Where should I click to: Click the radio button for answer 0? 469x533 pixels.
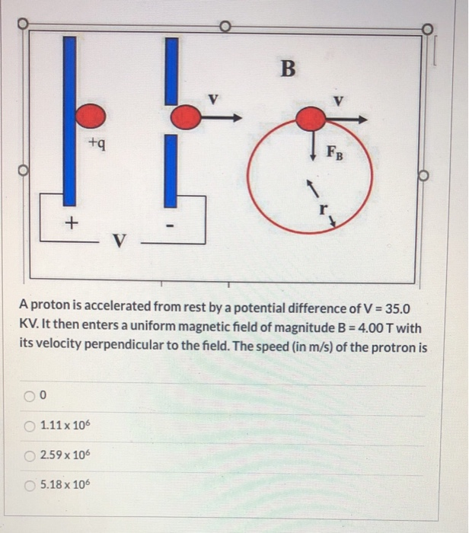tap(28, 395)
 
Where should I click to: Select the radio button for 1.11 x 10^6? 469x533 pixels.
tap(28, 424)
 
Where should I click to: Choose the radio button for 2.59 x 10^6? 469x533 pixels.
tap(28, 454)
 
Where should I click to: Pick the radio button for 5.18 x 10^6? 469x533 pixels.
tap(28, 484)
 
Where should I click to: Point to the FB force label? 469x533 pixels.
tap(334, 149)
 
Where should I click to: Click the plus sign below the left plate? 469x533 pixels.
tap(72, 224)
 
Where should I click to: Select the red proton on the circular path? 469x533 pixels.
tap(310, 119)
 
